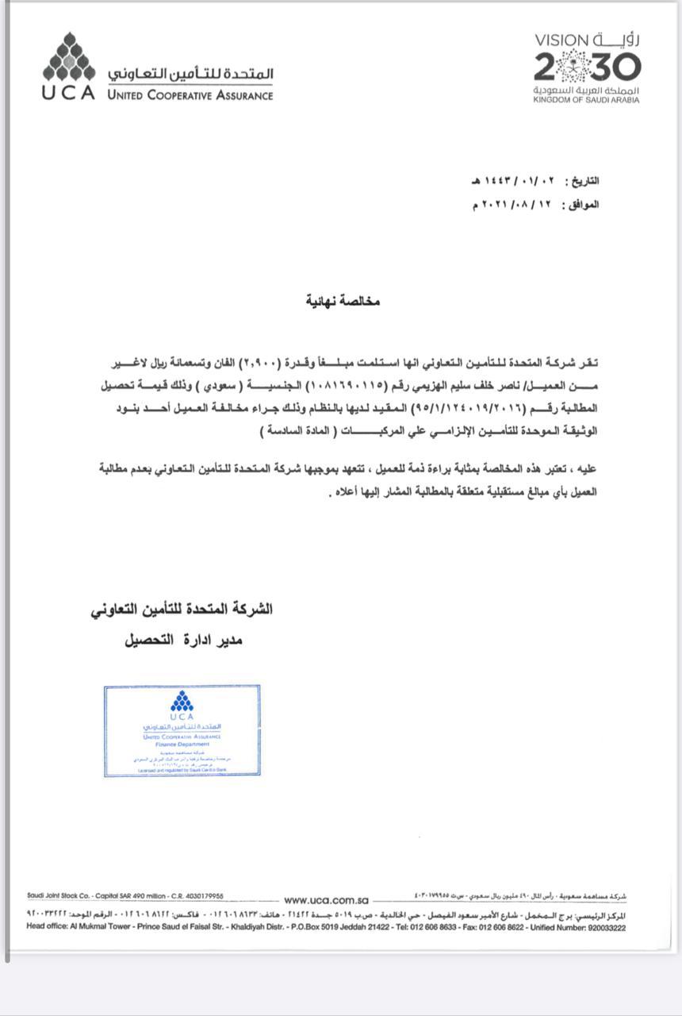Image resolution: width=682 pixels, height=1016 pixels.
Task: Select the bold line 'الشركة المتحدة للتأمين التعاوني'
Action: click(x=182, y=610)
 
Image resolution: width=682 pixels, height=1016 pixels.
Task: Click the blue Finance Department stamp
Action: click(x=182, y=730)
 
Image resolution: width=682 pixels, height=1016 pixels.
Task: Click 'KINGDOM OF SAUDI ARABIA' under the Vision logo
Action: click(x=586, y=101)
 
